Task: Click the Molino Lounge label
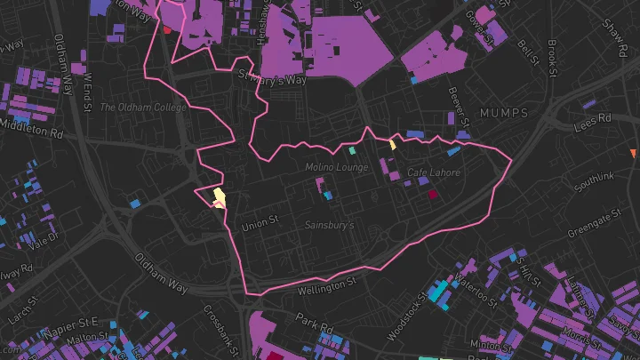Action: click(336, 167)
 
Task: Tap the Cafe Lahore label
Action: click(433, 172)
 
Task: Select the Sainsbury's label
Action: click(329, 225)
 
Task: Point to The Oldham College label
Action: click(143, 108)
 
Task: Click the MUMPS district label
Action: click(503, 114)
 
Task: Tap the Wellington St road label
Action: click(327, 286)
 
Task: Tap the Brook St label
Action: click(556, 58)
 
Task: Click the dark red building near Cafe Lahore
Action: click(433, 194)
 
